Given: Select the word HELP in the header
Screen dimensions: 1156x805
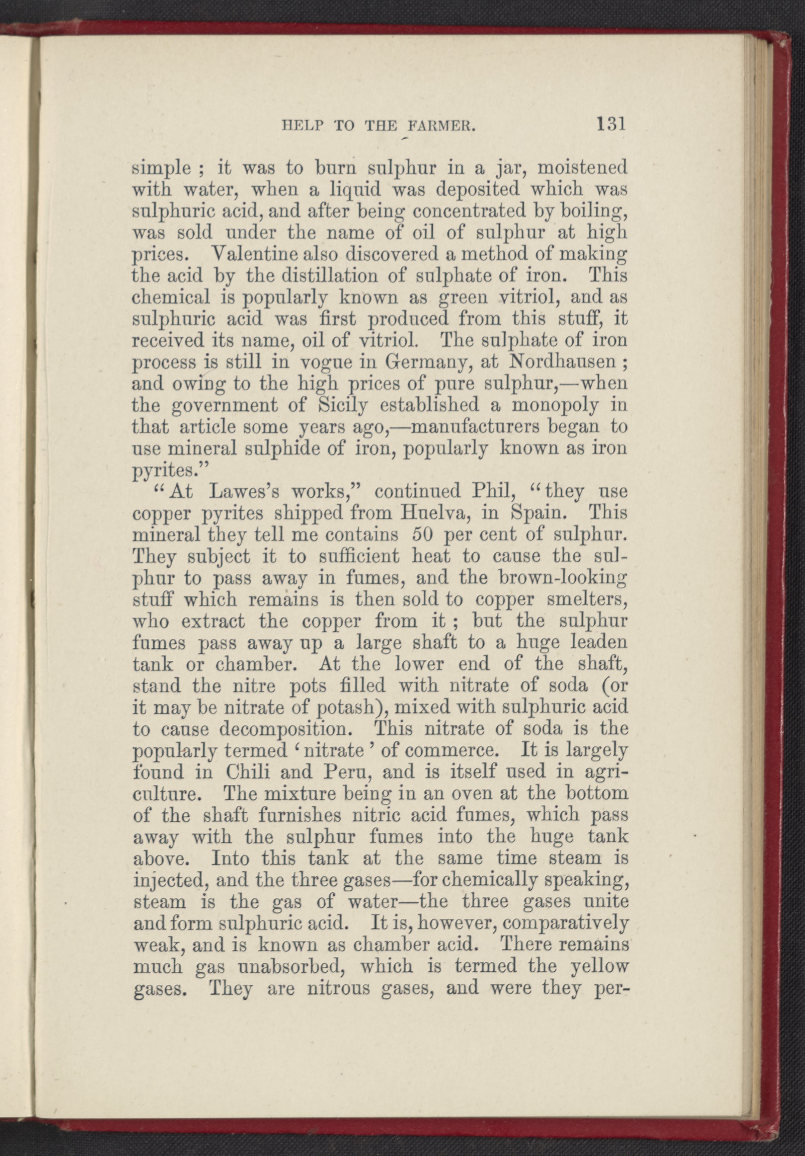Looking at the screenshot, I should tap(302, 126).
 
